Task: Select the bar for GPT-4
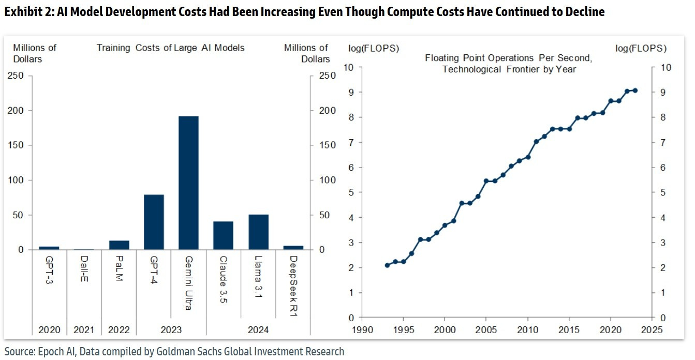154,222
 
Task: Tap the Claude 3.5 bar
224,235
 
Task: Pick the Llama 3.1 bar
258,233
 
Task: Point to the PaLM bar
119,245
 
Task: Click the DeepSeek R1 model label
293,280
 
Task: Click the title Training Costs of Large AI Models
170,48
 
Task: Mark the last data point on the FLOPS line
635,91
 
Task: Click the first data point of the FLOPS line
387,265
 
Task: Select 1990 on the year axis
362,329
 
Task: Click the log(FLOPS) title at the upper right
641,49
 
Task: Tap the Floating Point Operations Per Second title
508,58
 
